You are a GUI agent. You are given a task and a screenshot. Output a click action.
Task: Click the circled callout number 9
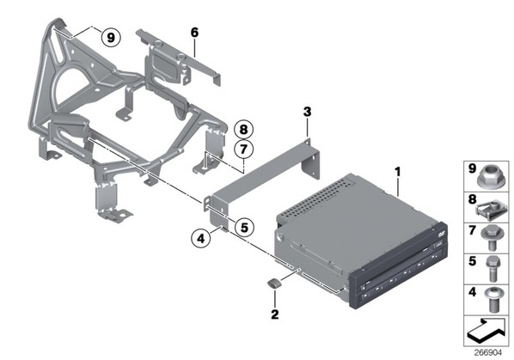tap(111, 38)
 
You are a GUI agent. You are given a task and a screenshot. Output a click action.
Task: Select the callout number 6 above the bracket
tap(194, 33)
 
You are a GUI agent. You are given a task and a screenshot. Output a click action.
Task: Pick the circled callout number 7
tap(243, 149)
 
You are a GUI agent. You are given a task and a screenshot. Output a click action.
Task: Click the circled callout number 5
tap(244, 227)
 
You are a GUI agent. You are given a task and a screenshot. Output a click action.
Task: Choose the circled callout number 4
tap(201, 238)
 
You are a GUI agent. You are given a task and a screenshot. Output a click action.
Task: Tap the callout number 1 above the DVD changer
tap(398, 172)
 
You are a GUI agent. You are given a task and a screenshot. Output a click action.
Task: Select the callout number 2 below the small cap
tap(275, 314)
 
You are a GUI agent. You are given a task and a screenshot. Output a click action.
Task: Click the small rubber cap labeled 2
tap(275, 283)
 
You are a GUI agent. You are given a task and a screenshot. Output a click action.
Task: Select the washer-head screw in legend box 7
tap(491, 239)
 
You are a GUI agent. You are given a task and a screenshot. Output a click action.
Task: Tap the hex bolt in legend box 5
tap(492, 269)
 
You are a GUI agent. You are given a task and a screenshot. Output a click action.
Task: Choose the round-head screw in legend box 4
tap(493, 299)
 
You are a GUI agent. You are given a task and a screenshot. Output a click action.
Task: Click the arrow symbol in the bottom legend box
tap(486, 331)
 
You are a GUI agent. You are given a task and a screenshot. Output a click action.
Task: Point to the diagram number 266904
tap(487, 352)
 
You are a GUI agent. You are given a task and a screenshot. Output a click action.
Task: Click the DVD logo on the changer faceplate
tap(440, 233)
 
